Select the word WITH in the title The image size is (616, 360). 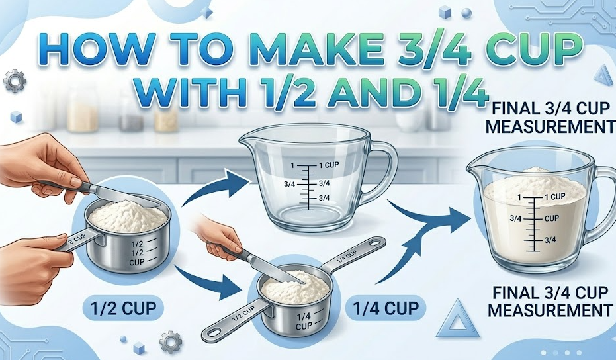(x=192, y=95)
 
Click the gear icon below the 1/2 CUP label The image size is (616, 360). (x=171, y=341)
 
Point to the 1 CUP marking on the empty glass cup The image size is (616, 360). (x=329, y=164)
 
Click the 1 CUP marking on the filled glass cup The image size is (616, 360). (x=554, y=197)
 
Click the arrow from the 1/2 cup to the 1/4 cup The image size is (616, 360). (x=212, y=281)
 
